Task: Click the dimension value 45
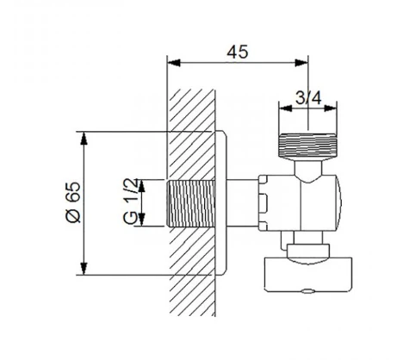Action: (237, 52)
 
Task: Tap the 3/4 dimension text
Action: (308, 98)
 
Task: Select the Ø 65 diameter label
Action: (73, 202)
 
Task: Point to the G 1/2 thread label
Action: (131, 201)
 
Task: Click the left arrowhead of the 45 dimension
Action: (173, 63)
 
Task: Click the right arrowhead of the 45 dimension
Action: (301, 63)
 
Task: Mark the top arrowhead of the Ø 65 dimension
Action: (84, 139)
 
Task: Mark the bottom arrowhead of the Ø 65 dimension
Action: (84, 268)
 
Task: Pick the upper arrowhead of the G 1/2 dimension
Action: (141, 186)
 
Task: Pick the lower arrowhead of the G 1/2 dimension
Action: (141, 220)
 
